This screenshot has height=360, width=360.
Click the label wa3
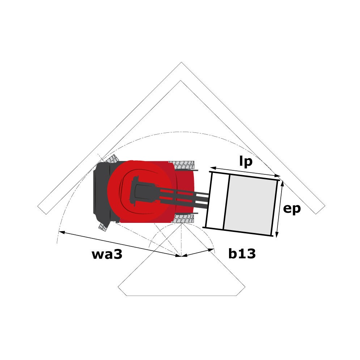pyautogui.click(x=107, y=254)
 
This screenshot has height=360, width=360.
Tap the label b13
pyautogui.click(x=242, y=254)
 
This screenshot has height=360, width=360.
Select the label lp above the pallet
pyautogui.click(x=246, y=161)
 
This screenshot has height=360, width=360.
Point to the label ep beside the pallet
pyautogui.click(x=292, y=209)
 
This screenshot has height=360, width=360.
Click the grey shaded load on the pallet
pyautogui.click(x=250, y=205)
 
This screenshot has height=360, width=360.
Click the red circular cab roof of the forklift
pyautogui.click(x=140, y=192)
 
